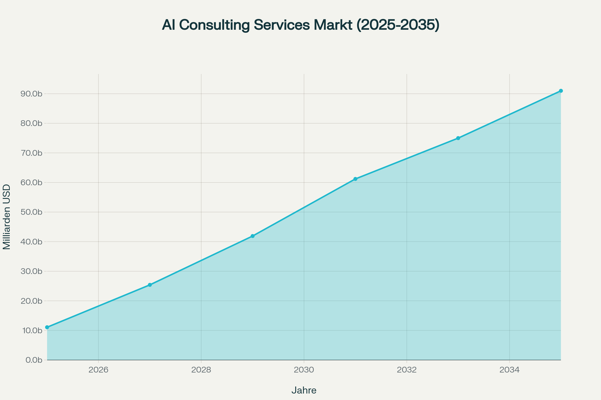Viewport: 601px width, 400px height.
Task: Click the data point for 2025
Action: point(47,327)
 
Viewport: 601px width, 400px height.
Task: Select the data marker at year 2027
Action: point(150,285)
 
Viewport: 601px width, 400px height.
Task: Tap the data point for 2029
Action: point(252,236)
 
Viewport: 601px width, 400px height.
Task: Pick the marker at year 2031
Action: point(355,179)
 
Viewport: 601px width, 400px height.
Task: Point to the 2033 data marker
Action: point(458,138)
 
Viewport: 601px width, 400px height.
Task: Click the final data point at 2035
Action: point(561,91)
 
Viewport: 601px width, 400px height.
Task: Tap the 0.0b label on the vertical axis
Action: point(34,360)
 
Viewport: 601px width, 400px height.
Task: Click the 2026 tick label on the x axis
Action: point(98,370)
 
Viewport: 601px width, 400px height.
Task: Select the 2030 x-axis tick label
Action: point(304,370)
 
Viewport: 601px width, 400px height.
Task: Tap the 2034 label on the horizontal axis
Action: point(510,370)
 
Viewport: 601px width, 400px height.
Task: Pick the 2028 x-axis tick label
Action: point(201,370)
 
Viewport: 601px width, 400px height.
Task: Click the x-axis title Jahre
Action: point(304,390)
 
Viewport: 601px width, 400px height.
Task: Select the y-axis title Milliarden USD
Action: point(7,217)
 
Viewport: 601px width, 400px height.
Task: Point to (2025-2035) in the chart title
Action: point(398,25)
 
